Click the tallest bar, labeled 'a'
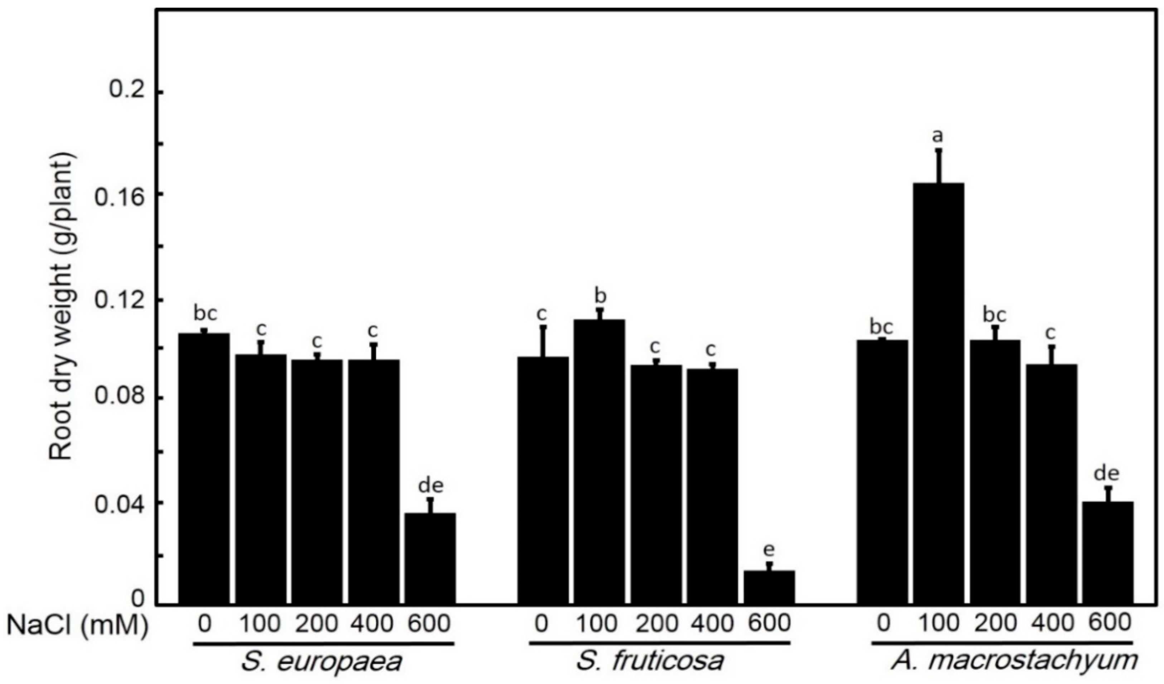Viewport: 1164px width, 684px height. (939, 392)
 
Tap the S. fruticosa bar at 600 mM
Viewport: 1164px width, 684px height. (769, 587)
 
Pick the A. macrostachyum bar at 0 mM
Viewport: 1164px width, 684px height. (882, 471)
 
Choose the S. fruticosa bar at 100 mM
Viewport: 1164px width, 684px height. (600, 461)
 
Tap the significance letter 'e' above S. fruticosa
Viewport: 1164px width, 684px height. (769, 550)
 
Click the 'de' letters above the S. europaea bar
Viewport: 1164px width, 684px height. (431, 485)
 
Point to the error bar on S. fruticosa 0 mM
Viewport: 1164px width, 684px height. (543, 342)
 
